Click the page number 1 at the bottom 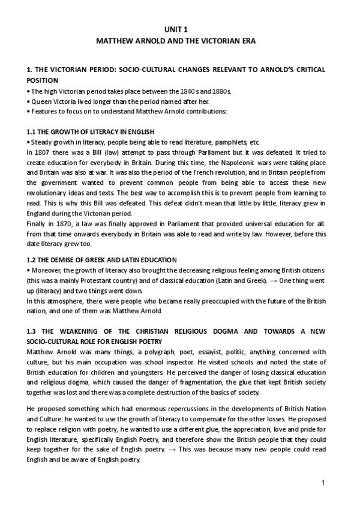point(323,482)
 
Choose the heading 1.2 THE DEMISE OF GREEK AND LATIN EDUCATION point(102,259)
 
